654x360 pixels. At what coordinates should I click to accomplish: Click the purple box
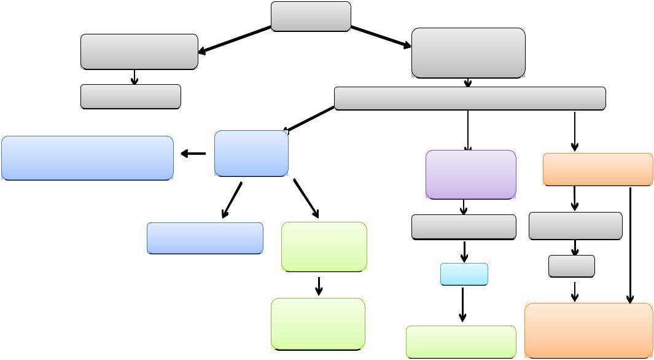pyautogui.click(x=470, y=174)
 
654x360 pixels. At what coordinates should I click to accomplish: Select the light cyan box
pyautogui.click(x=464, y=274)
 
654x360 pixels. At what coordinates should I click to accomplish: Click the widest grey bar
pyautogui.click(x=470, y=98)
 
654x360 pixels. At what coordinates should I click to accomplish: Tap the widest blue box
pyautogui.click(x=87, y=158)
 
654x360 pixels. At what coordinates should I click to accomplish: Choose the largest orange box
pyautogui.click(x=588, y=330)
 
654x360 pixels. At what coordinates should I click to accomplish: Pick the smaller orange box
pyautogui.click(x=598, y=169)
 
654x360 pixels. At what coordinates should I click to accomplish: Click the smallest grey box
pyautogui.click(x=571, y=266)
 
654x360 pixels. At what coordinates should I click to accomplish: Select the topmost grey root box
pyautogui.click(x=311, y=16)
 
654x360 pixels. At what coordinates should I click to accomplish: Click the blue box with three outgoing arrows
pyautogui.click(x=251, y=154)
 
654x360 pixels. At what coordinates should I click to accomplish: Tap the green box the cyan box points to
pyautogui.click(x=461, y=342)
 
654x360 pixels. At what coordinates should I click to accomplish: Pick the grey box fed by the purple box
pyautogui.click(x=463, y=227)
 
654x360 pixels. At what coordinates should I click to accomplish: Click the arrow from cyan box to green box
pyautogui.click(x=462, y=304)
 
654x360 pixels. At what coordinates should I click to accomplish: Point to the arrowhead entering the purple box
pyautogui.click(x=468, y=147)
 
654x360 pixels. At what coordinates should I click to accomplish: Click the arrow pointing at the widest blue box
pyautogui.click(x=193, y=154)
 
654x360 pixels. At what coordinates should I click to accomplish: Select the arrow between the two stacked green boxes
pyautogui.click(x=319, y=286)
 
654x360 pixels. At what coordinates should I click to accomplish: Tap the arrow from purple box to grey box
pyautogui.click(x=464, y=208)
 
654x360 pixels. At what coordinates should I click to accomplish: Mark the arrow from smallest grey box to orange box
pyautogui.click(x=574, y=291)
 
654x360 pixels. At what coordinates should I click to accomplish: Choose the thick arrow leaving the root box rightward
pyautogui.click(x=381, y=36)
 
